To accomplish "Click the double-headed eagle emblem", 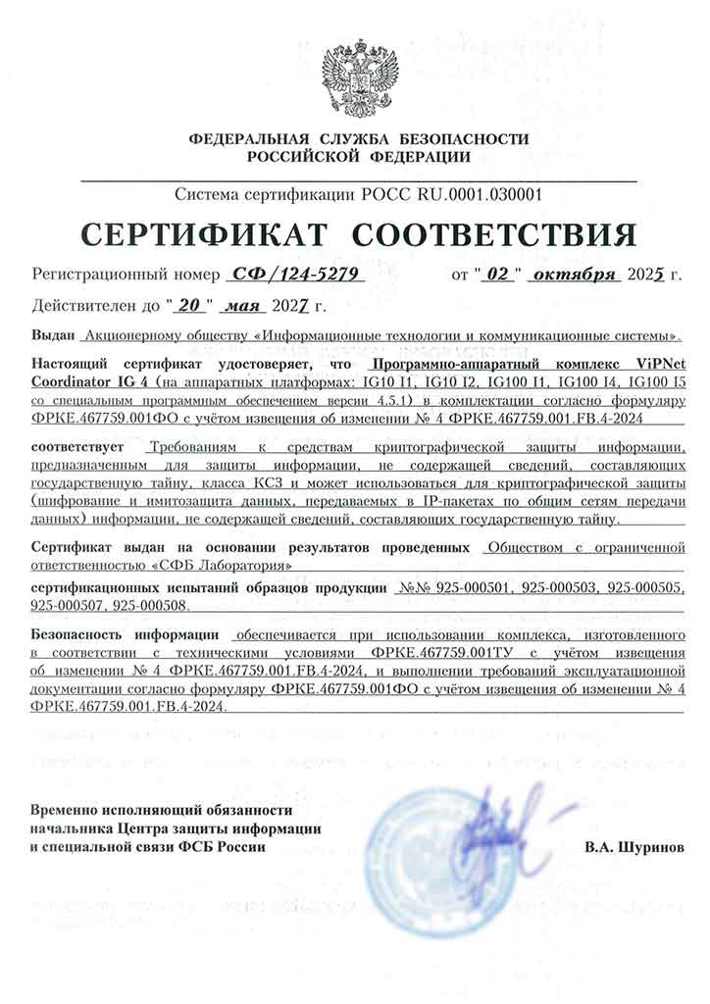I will [x=360, y=76].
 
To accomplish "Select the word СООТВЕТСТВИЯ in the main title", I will [x=493, y=235].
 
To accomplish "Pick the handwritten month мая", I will [x=240, y=305].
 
